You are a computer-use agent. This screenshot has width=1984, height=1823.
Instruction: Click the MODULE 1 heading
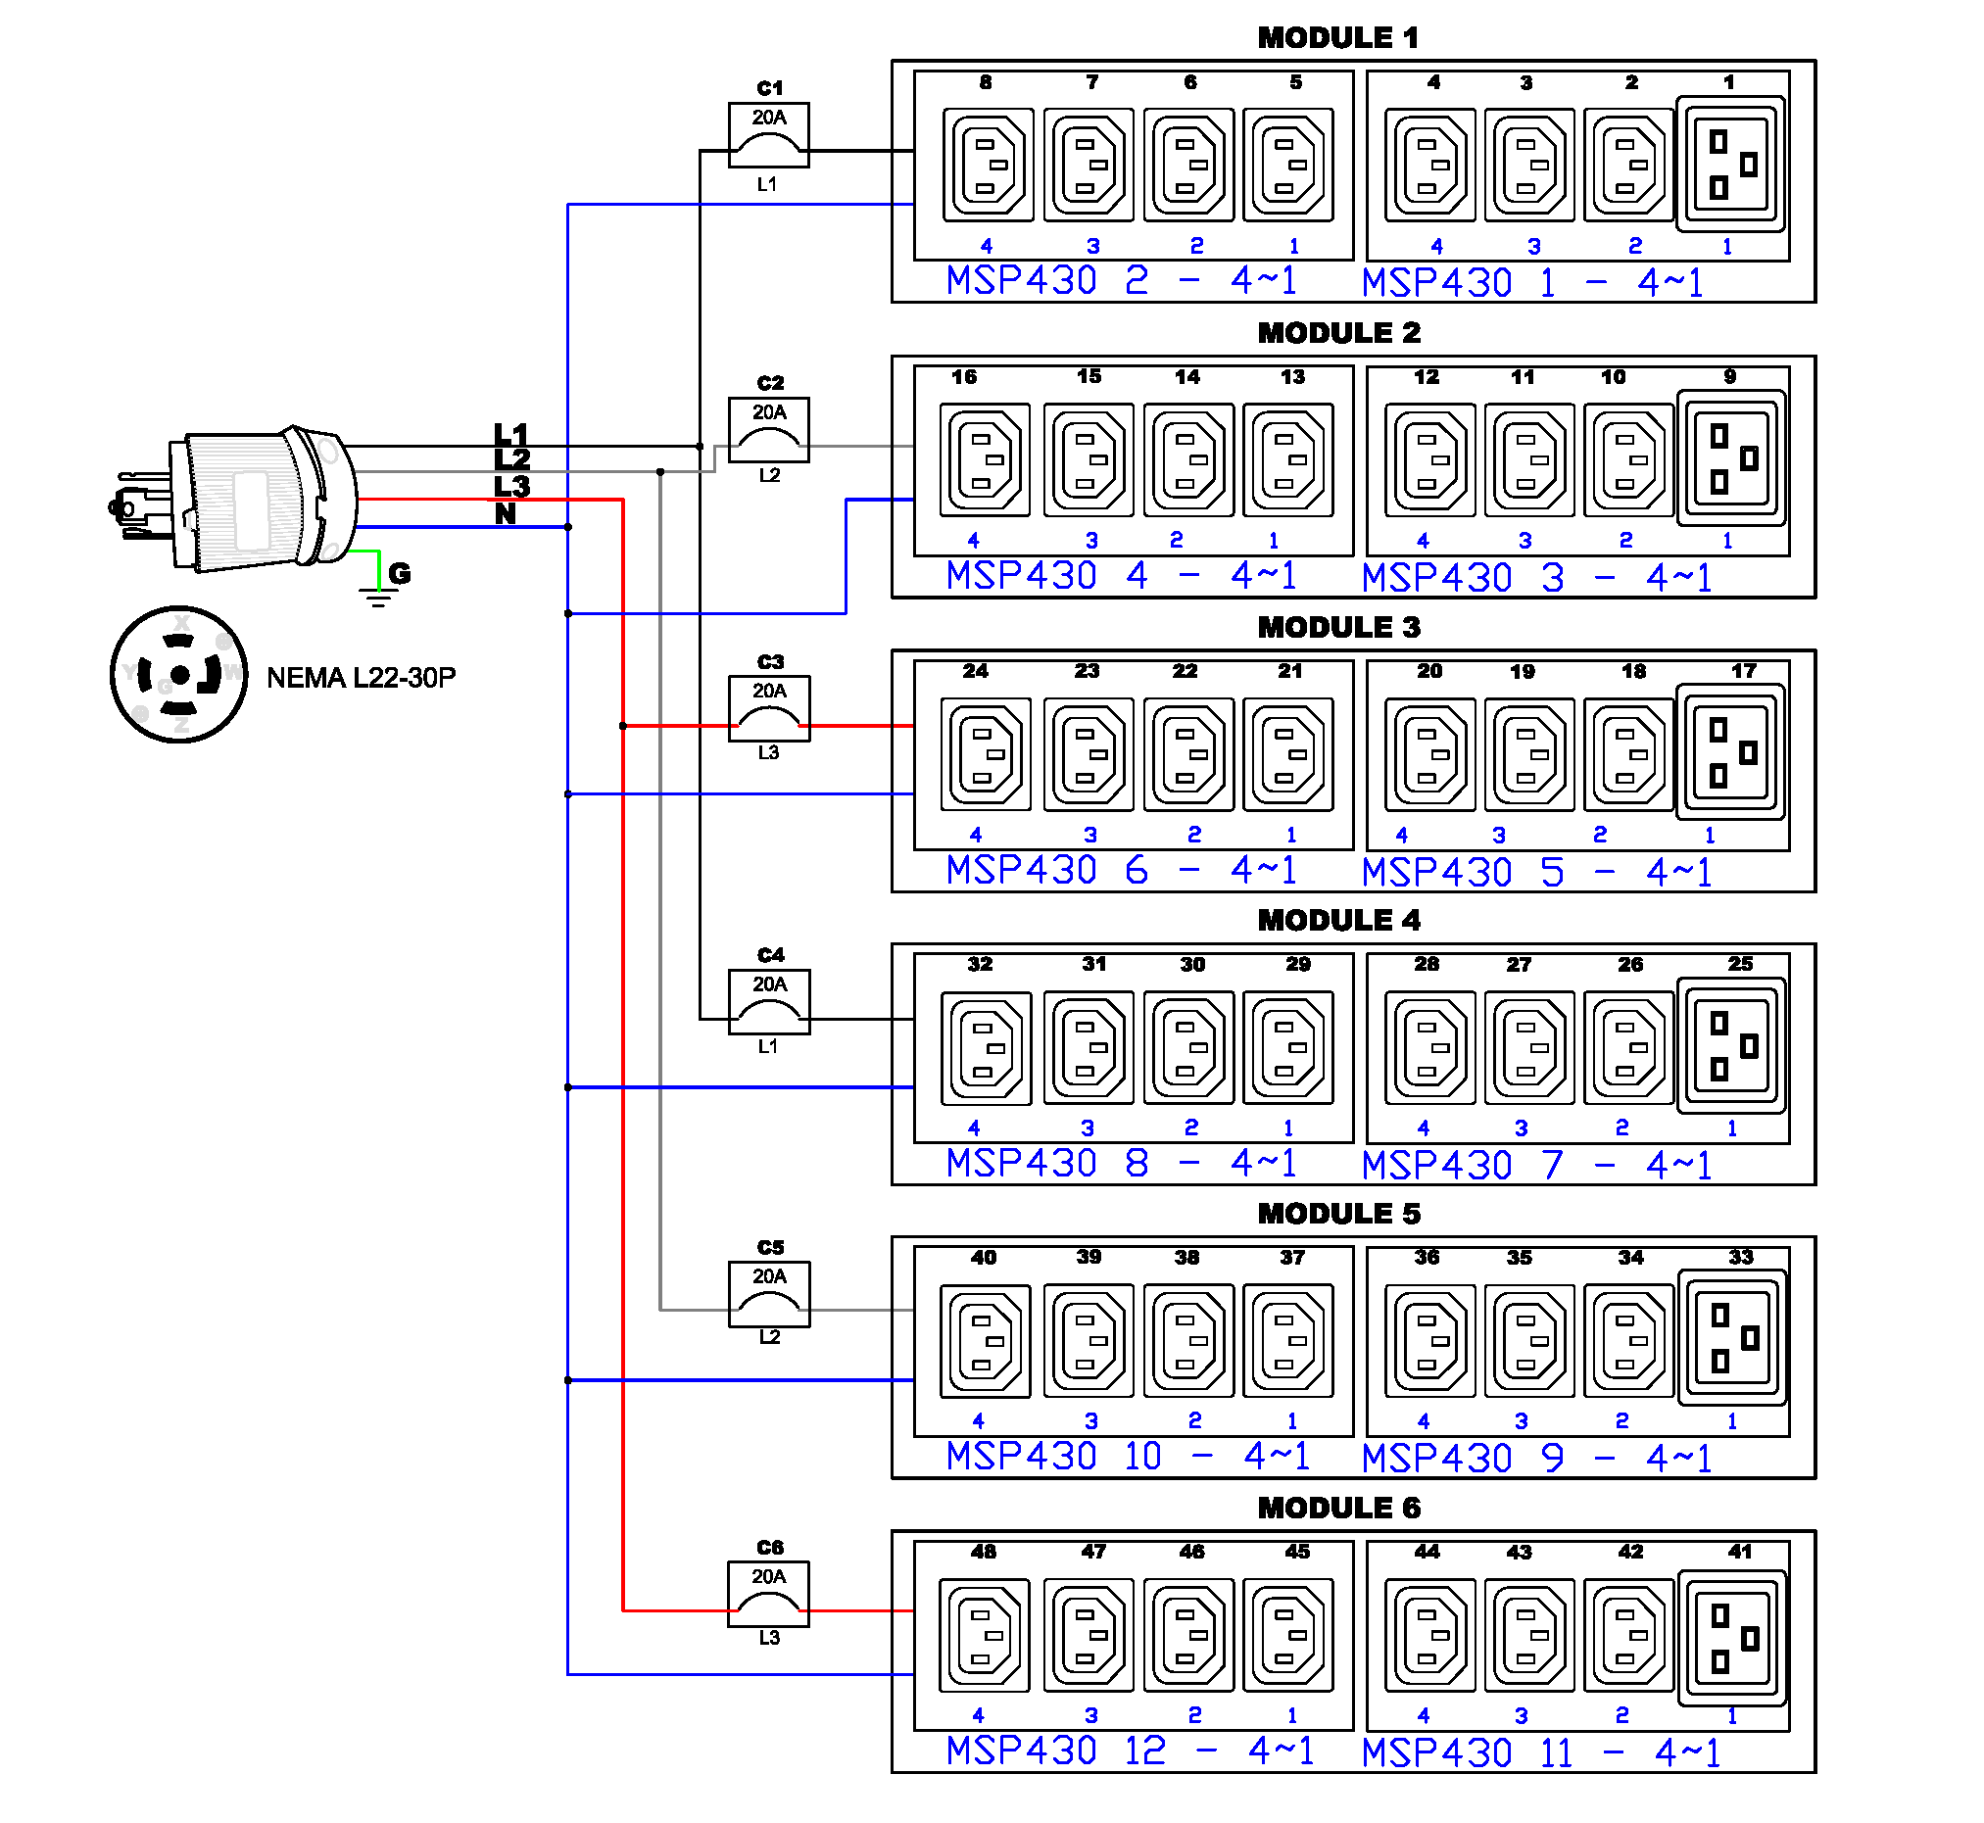click(1337, 37)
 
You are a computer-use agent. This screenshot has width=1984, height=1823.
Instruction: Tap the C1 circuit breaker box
click(768, 134)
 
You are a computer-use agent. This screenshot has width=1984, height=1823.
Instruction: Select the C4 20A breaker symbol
click(768, 1002)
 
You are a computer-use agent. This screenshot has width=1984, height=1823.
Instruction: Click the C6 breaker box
click(768, 1593)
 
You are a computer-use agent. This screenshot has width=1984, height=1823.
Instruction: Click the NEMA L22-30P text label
click(362, 678)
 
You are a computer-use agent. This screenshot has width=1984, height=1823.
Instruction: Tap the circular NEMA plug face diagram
click(178, 675)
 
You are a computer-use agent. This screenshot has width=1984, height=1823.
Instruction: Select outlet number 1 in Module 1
click(1730, 164)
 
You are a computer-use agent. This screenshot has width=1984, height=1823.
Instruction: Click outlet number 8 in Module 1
click(988, 164)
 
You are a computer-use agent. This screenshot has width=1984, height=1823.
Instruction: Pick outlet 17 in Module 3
click(1730, 752)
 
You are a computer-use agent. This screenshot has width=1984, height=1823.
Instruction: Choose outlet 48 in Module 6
click(985, 1635)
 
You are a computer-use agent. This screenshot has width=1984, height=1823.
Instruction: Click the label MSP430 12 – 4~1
click(1131, 1751)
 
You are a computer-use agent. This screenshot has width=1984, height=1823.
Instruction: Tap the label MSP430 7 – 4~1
click(1535, 1165)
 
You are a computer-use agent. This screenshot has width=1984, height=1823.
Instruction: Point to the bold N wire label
click(506, 514)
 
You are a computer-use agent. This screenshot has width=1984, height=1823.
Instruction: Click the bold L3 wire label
click(511, 486)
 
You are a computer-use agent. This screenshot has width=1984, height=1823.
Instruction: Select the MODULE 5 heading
click(1337, 1214)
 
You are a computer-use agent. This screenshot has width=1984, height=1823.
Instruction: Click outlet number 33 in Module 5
click(1730, 1338)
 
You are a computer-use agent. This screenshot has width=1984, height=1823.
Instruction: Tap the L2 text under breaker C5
click(769, 1338)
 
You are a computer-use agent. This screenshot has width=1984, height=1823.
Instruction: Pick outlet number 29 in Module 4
click(1287, 1046)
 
